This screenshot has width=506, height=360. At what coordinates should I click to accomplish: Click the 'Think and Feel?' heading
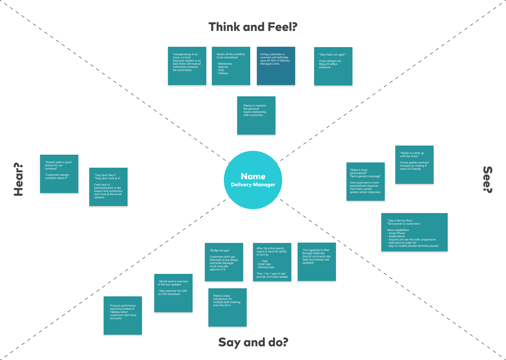pyautogui.click(x=253, y=27)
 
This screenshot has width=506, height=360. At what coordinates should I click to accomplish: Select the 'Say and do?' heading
pyautogui.click(x=253, y=342)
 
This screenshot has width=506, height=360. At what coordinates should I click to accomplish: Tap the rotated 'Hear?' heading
pyautogui.click(x=18, y=179)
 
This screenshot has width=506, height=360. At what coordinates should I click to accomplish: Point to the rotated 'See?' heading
pyautogui.click(x=487, y=179)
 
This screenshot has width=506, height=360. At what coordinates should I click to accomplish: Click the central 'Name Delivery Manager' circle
pyautogui.click(x=253, y=180)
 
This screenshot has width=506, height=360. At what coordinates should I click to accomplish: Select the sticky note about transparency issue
pyautogui.click(x=187, y=66)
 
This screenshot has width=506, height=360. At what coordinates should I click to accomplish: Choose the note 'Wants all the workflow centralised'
pyautogui.click(x=231, y=66)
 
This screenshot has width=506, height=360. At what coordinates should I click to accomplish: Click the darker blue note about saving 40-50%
pyautogui.click(x=276, y=66)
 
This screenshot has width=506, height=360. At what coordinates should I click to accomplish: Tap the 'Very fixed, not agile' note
pyautogui.click(x=333, y=66)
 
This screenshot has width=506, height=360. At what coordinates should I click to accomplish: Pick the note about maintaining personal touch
pyautogui.click(x=256, y=115)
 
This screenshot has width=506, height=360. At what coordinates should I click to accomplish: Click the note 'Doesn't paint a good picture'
pyautogui.click(x=59, y=174)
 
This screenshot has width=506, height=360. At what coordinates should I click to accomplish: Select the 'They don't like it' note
pyautogui.click(x=108, y=187)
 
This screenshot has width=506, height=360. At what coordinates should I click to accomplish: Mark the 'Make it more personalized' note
pyautogui.click(x=365, y=181)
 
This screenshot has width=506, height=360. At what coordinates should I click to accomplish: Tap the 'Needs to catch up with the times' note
pyautogui.click(x=414, y=165)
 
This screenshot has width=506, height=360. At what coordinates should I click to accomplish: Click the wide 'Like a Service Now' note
pyautogui.click(x=414, y=232)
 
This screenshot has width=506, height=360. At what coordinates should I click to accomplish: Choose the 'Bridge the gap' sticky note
pyautogui.click(x=224, y=262)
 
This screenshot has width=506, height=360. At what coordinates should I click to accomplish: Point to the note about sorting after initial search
pyautogui.click(x=272, y=262)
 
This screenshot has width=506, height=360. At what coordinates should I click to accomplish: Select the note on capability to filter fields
pyautogui.click(x=317, y=262)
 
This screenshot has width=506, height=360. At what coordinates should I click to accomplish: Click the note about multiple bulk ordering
pyautogui.click(x=227, y=307)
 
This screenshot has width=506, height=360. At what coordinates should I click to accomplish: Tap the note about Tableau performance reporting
pyautogui.click(x=123, y=315)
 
